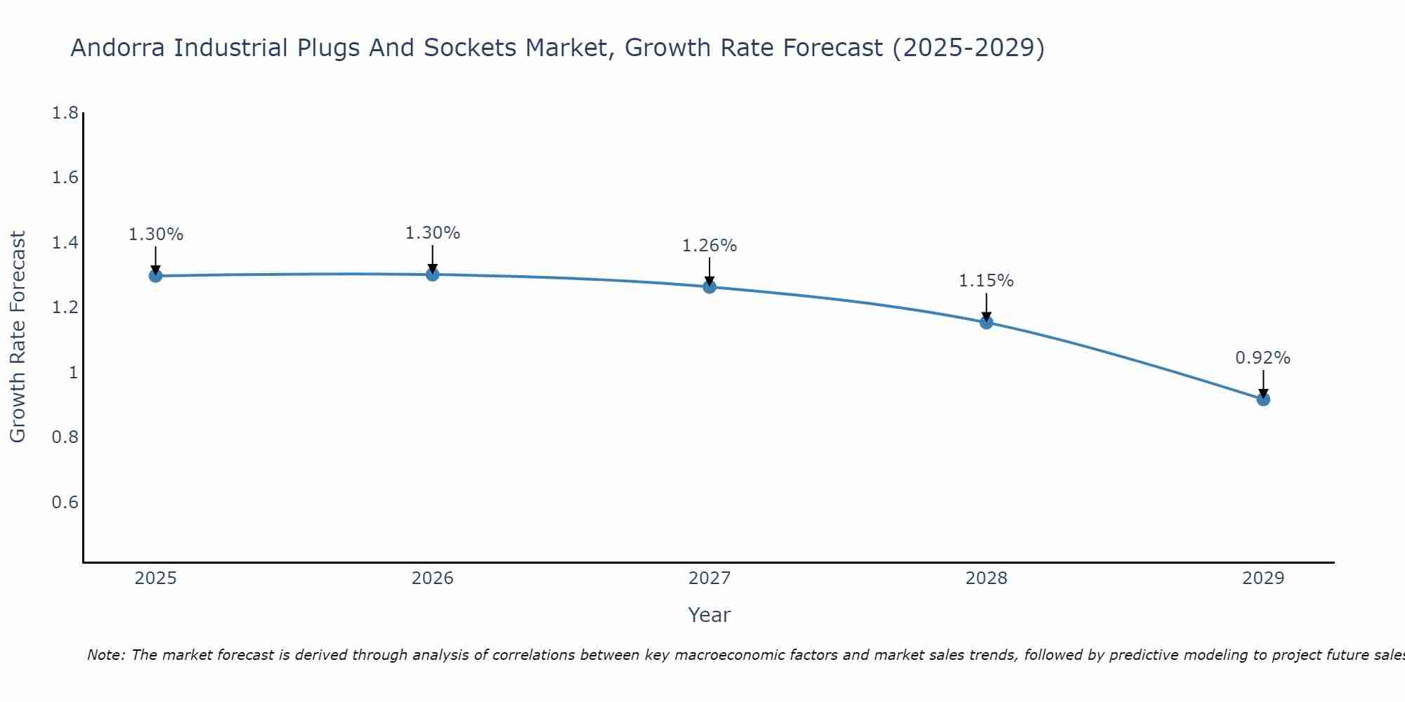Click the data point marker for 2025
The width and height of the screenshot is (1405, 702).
tap(156, 276)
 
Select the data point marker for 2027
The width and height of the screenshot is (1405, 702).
tap(710, 286)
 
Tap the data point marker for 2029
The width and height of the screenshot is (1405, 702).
tap(1263, 399)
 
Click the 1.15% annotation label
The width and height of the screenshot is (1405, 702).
tap(986, 281)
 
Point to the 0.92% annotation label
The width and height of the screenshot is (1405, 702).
tap(1263, 358)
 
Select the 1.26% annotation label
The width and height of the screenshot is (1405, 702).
tap(710, 246)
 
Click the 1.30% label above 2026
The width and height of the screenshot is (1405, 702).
tap(433, 233)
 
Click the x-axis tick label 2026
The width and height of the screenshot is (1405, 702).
tap(433, 578)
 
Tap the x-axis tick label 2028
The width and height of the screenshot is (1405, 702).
tap(986, 578)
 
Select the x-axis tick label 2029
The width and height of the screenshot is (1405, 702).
tap(1263, 578)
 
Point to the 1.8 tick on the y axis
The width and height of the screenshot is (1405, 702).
tap(65, 113)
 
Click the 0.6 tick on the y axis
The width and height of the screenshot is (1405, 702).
tap(65, 503)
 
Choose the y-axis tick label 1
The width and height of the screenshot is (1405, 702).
tap(73, 373)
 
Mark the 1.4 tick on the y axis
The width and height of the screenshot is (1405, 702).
tap(65, 243)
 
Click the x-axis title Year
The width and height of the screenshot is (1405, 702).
tap(710, 615)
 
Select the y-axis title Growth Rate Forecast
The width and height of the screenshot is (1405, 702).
tap(18, 337)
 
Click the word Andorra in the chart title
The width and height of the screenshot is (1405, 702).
tap(119, 48)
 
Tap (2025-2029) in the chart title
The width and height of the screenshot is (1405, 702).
tap(968, 48)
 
